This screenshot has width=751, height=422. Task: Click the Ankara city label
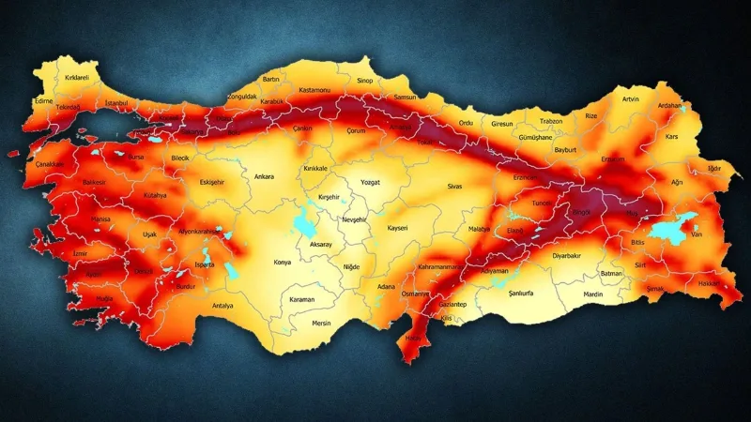click(x=266, y=175)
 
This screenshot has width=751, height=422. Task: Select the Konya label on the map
click(x=282, y=263)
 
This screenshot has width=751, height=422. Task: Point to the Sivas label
click(x=455, y=187)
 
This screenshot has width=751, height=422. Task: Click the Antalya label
click(x=222, y=306)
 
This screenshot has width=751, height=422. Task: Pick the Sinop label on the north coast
click(x=365, y=82)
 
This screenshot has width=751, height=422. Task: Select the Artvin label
click(x=631, y=98)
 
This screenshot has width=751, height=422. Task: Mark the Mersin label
click(x=322, y=324)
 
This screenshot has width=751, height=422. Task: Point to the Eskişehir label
click(x=214, y=182)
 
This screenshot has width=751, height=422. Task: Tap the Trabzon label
click(x=551, y=121)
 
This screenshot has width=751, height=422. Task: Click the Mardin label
click(x=593, y=294)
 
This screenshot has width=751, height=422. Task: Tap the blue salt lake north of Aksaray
click(x=304, y=225)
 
